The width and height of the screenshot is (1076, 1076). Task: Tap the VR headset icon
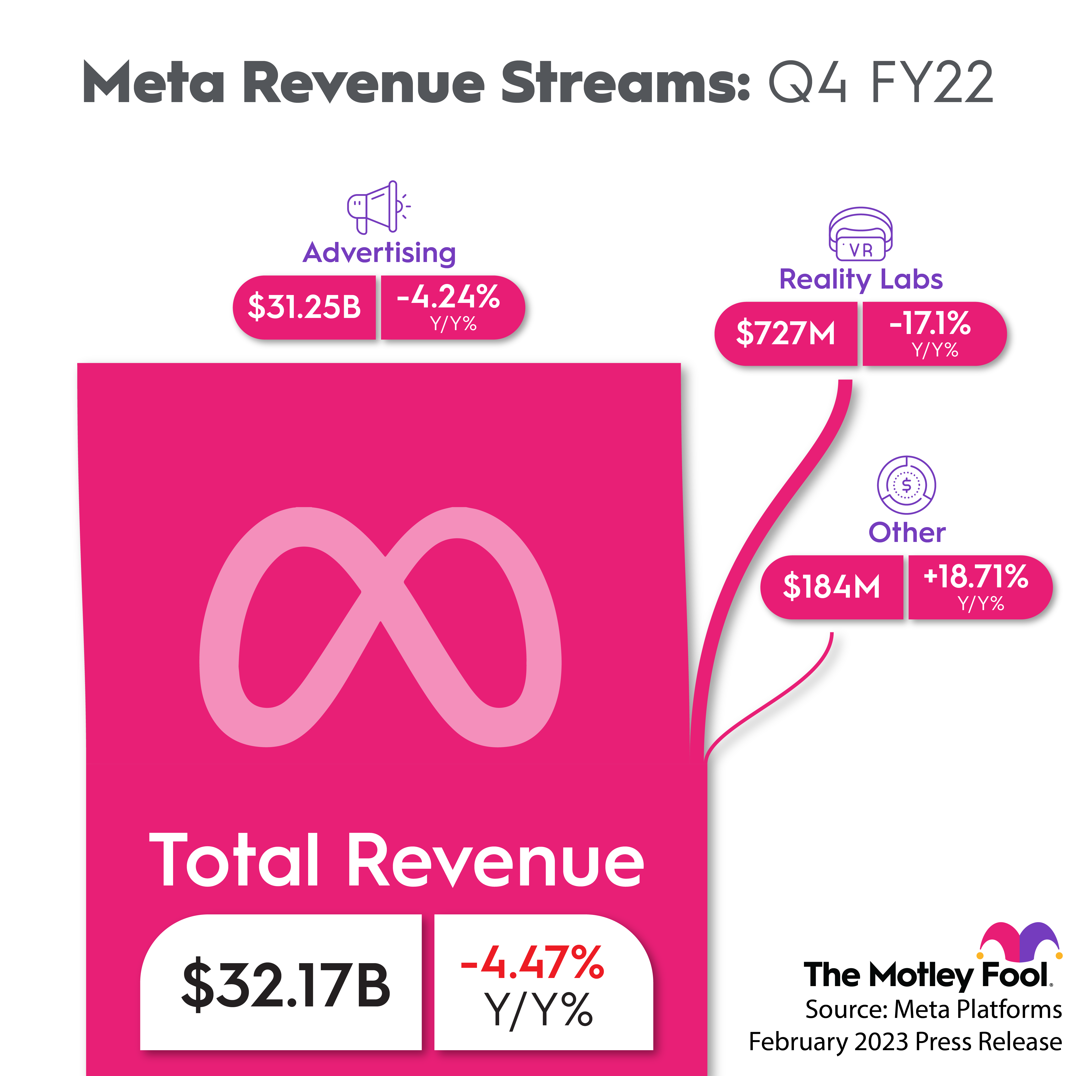pyautogui.click(x=860, y=234)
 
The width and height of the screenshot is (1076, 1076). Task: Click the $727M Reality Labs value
pyautogui.click(x=785, y=333)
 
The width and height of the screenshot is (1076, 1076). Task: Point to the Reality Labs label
pyautogui.click(x=860, y=279)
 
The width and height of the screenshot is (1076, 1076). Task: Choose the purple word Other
pyautogui.click(x=907, y=532)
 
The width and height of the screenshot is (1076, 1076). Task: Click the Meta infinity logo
pyautogui.click(x=380, y=627)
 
